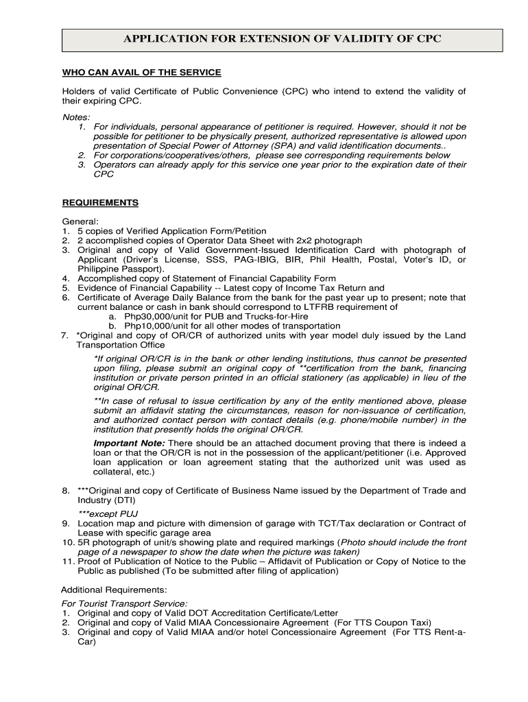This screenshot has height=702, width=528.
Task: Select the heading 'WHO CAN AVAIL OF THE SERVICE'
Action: click(142, 73)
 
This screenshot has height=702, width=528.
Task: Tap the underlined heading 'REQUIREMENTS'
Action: click(100, 203)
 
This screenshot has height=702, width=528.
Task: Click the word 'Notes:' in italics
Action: click(76, 117)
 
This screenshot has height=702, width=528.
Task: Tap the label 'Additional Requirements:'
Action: click(114, 590)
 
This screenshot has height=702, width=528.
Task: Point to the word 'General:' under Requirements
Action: click(81, 221)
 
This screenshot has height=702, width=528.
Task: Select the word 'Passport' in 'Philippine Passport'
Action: click(144, 269)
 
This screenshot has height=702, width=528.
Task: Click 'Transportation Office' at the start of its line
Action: click(120, 346)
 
